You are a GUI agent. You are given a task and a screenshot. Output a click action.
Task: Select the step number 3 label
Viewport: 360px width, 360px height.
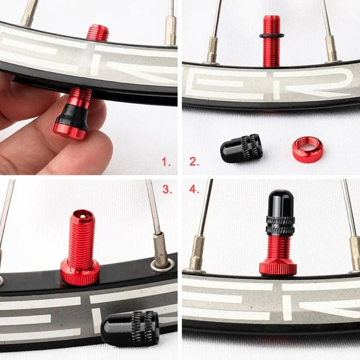coord(167,189)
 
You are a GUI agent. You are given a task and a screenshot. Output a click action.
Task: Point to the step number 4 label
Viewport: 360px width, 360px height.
coord(194,189)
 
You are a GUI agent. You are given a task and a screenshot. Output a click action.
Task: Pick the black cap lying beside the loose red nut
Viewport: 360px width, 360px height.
coord(242,148)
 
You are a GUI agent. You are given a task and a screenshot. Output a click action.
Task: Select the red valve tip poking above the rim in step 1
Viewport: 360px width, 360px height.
coord(98,33)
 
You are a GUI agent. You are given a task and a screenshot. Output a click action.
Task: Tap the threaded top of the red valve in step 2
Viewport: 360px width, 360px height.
coord(271,22)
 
